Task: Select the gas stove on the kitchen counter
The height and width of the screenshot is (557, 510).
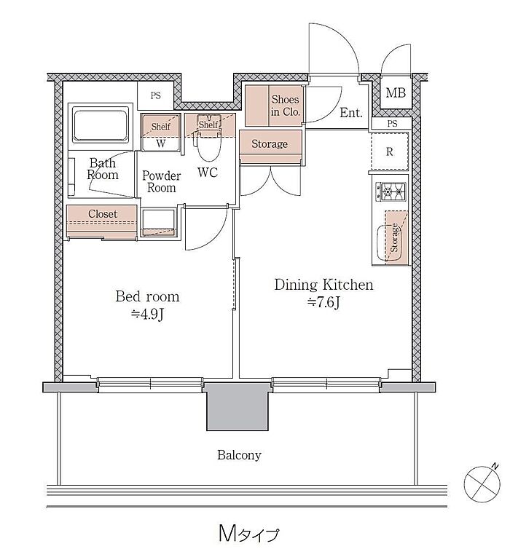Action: click(x=391, y=191)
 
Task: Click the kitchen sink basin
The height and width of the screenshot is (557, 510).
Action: click(x=389, y=242)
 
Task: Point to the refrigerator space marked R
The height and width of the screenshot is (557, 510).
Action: click(x=390, y=151)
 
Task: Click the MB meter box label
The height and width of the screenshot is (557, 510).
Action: click(x=396, y=93)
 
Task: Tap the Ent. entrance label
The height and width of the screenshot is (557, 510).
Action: click(x=350, y=113)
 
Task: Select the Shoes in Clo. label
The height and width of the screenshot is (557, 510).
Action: click(x=286, y=106)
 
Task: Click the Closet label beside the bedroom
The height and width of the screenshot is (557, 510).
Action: click(x=103, y=214)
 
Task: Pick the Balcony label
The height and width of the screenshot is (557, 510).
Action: click(x=239, y=455)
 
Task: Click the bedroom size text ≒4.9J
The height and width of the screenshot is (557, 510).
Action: click(x=147, y=314)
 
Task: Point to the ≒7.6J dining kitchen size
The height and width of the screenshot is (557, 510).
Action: click(x=323, y=302)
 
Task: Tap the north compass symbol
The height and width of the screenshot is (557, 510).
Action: click(x=482, y=483)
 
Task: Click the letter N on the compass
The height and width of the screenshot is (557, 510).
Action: click(x=495, y=466)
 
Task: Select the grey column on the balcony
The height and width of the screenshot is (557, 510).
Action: click(x=237, y=407)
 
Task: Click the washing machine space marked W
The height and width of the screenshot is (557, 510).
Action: click(x=160, y=143)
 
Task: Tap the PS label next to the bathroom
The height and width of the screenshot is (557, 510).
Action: click(x=155, y=95)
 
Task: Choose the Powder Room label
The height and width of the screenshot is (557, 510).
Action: click(x=161, y=181)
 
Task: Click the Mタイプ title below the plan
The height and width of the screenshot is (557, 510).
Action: click(x=248, y=534)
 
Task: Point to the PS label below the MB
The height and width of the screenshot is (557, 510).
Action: click(x=392, y=124)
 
